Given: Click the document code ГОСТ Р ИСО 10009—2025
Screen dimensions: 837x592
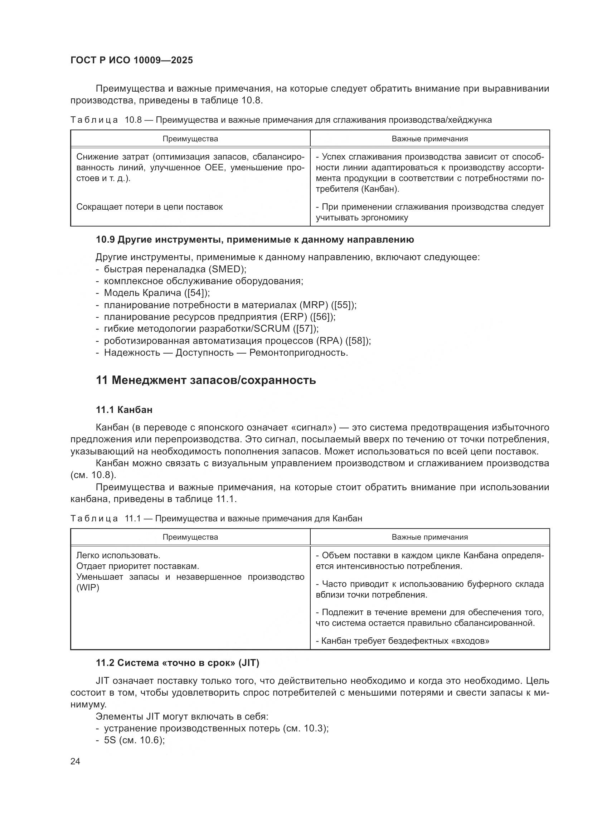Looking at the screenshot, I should pyautogui.click(x=132, y=60).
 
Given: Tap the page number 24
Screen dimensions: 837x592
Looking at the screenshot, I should pyautogui.click(x=75, y=761).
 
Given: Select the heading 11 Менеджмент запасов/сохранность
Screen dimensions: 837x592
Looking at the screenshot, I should pyautogui.click(x=205, y=380).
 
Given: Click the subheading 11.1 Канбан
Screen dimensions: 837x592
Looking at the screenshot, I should pyautogui.click(x=124, y=410).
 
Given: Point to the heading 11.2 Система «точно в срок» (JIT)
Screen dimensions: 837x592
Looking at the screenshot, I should pyautogui.click(x=177, y=663).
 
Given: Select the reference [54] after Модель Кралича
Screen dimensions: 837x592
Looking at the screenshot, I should pyautogui.click(x=197, y=293).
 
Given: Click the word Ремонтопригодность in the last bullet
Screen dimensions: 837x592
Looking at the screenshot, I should pyautogui.click(x=299, y=353).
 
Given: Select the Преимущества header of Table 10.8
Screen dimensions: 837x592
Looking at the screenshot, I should pyautogui.click(x=190, y=139).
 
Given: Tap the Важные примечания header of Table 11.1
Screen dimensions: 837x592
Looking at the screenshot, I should pyautogui.click(x=430, y=537).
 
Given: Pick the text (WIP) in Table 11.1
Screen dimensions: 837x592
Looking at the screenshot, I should pyautogui.click(x=87, y=588).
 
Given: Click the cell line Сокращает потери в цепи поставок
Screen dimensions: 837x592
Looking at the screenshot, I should pyautogui.click(x=150, y=207).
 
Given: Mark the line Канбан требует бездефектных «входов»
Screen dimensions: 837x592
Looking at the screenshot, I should pyautogui.click(x=402, y=641).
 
